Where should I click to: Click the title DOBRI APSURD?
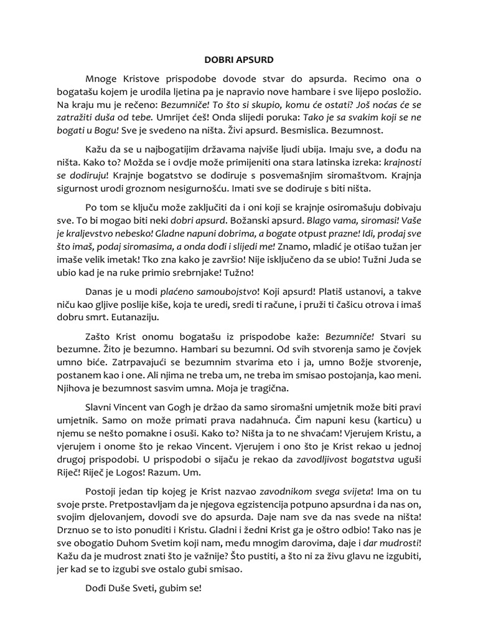(x=239, y=60)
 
